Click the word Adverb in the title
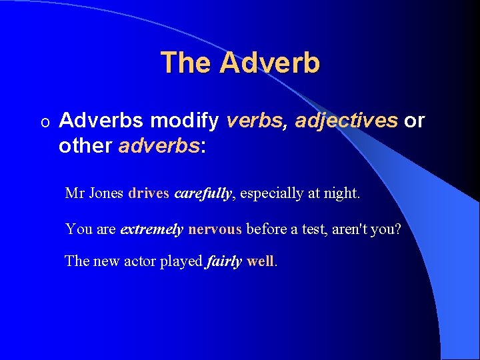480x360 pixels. tap(269, 63)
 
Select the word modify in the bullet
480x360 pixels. tap(185, 121)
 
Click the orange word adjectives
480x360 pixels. tap(346, 121)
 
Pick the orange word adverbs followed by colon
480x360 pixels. tap(159, 145)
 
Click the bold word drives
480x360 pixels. tap(149, 194)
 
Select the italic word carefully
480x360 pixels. tap(203, 194)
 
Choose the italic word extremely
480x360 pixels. tap(151, 229)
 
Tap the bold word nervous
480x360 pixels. tap(215, 229)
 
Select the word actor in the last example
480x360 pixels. tap(139, 261)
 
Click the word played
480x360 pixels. tap(181, 261)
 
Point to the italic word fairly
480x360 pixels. tap(224, 261)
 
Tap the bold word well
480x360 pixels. tap(260, 261)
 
